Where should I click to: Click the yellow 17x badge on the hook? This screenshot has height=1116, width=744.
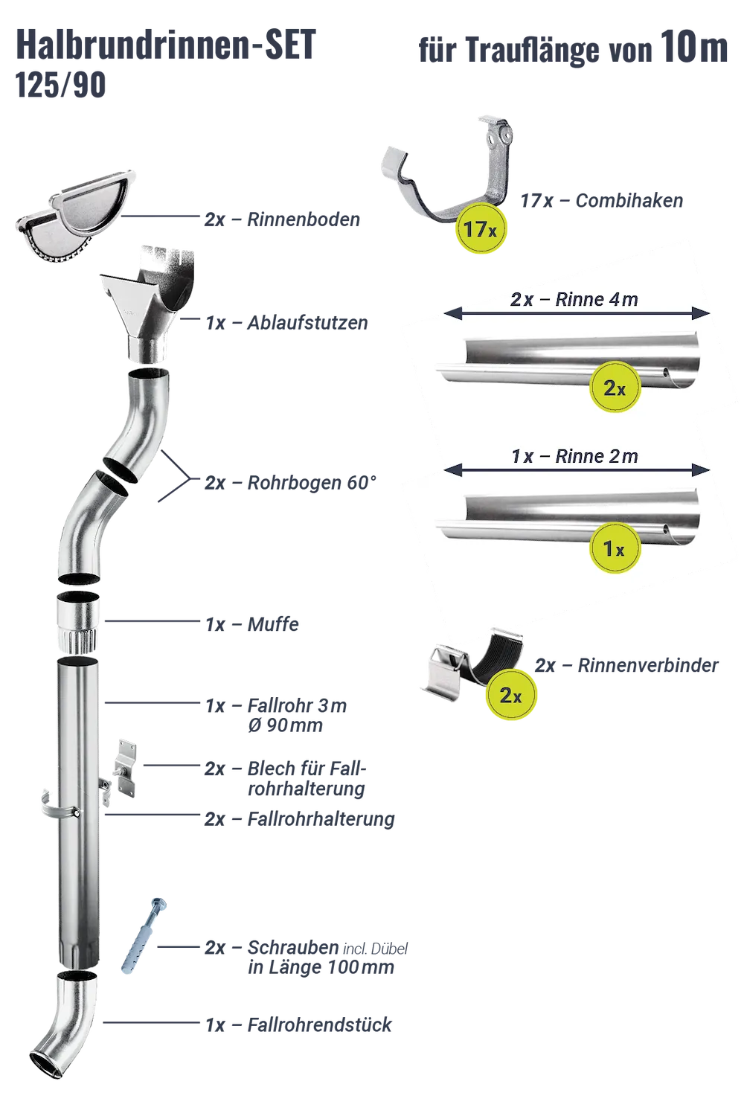(x=481, y=228)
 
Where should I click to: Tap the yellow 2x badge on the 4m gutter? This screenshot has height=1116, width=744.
(x=614, y=387)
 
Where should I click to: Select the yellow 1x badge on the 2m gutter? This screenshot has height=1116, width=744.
(x=614, y=548)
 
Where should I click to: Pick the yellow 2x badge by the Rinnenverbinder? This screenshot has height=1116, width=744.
(x=511, y=695)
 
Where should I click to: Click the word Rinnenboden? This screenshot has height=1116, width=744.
(x=304, y=219)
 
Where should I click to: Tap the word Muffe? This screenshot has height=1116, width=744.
(x=273, y=624)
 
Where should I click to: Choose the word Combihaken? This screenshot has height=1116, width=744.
(x=629, y=201)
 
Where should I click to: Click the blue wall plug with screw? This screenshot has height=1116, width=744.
(x=144, y=936)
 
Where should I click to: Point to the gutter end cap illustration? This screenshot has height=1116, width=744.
(x=76, y=216)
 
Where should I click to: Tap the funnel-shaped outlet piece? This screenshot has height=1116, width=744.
(x=147, y=304)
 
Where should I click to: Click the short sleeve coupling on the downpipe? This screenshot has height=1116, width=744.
(x=77, y=622)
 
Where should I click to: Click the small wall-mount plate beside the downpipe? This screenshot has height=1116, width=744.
(x=125, y=769)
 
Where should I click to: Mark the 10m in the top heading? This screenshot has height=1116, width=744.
(x=694, y=48)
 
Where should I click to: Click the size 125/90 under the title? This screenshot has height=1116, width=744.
(x=60, y=85)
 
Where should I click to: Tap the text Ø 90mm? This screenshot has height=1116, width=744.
(x=285, y=725)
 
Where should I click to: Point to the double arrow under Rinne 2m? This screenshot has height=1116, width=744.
(x=577, y=469)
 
